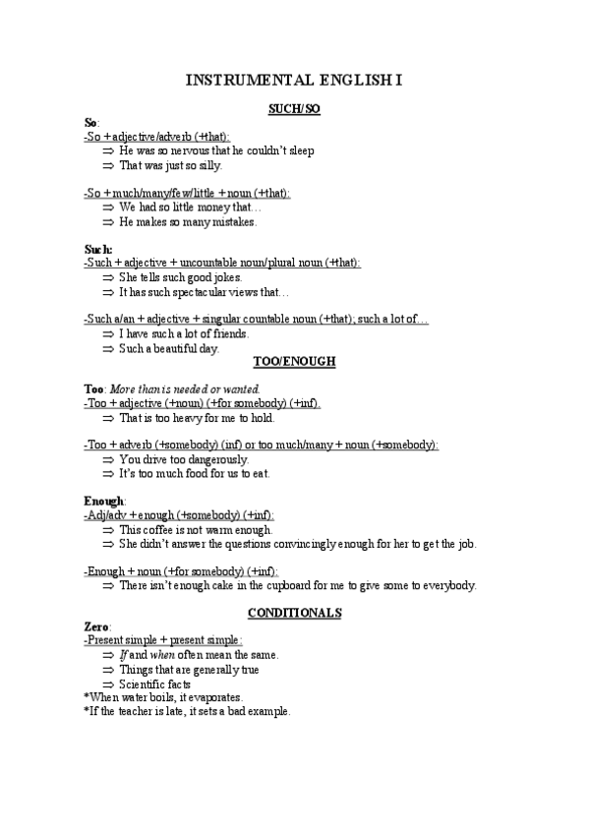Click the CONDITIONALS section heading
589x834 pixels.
click(x=294, y=612)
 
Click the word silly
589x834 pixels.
click(x=208, y=165)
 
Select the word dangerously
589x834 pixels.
click(x=214, y=459)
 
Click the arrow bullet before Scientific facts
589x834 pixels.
click(x=108, y=684)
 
